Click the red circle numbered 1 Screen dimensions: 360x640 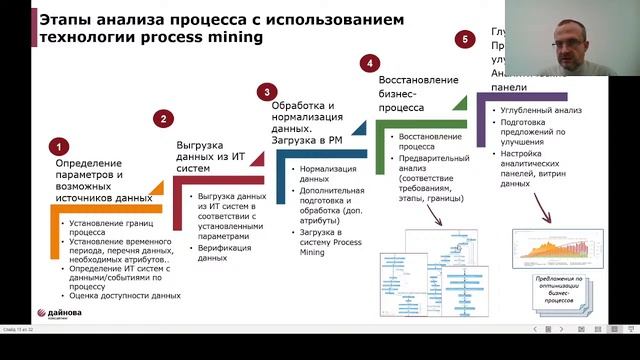60,146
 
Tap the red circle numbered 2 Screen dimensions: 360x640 163,118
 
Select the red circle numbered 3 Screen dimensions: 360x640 265,92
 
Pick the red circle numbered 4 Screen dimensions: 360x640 370,63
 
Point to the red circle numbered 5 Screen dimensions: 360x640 462,39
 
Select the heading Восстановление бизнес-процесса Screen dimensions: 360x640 420,93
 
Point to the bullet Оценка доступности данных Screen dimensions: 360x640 125,295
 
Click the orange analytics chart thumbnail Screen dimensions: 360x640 558,251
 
